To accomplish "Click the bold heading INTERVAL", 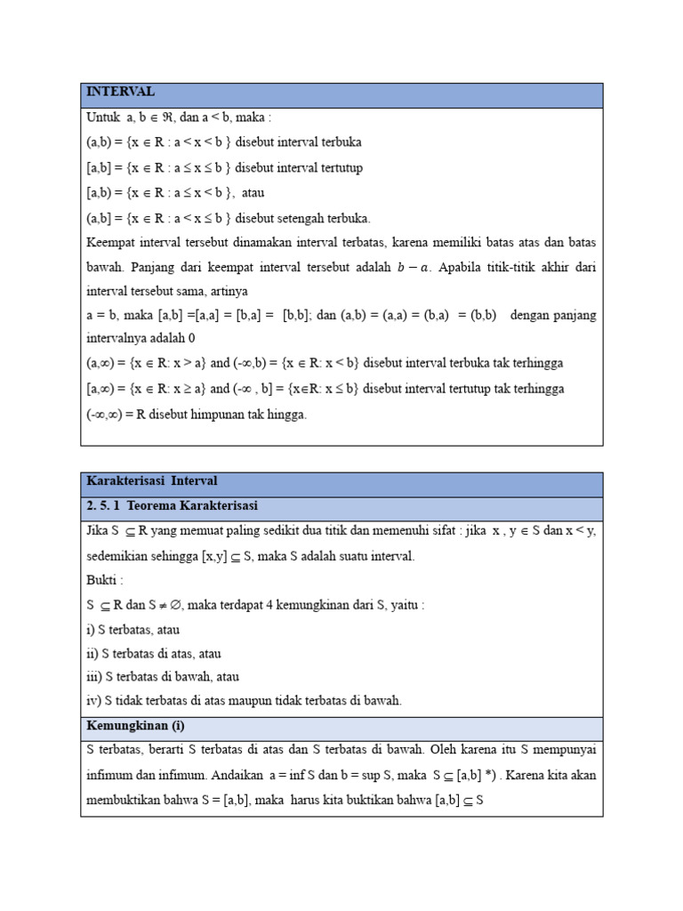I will (x=120, y=92).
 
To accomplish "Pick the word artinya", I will (x=227, y=292).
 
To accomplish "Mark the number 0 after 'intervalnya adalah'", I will (x=191, y=338).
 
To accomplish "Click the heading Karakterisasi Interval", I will (x=152, y=481).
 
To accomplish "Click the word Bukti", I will (x=102, y=581).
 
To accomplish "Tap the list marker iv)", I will (x=94, y=701).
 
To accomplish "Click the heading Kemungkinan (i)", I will (x=135, y=725).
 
